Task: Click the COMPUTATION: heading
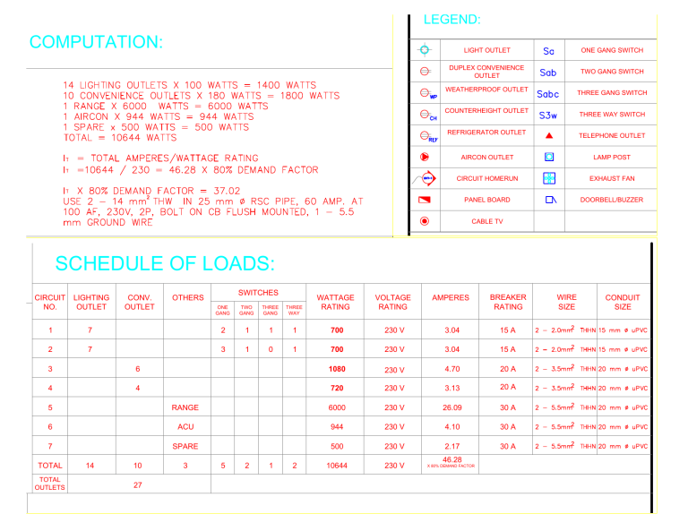click(x=97, y=42)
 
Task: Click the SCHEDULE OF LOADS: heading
click(x=165, y=263)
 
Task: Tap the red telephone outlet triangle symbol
click(x=549, y=135)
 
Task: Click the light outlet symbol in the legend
click(x=425, y=50)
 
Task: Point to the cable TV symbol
click(x=425, y=221)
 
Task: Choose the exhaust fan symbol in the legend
click(x=549, y=178)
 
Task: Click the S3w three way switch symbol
click(x=548, y=115)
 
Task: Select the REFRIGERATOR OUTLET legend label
click(x=486, y=133)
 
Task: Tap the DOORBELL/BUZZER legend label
click(x=612, y=200)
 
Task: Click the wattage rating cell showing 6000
click(x=336, y=407)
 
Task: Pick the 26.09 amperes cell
click(x=451, y=407)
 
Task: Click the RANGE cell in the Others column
click(x=185, y=407)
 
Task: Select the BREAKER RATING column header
click(x=508, y=302)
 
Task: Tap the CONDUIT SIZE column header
click(x=623, y=302)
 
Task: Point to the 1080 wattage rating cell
click(x=336, y=369)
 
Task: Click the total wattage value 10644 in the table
click(x=336, y=466)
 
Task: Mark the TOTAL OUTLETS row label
click(x=50, y=484)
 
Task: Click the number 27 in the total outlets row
click(x=137, y=484)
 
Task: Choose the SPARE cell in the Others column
click(x=185, y=446)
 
